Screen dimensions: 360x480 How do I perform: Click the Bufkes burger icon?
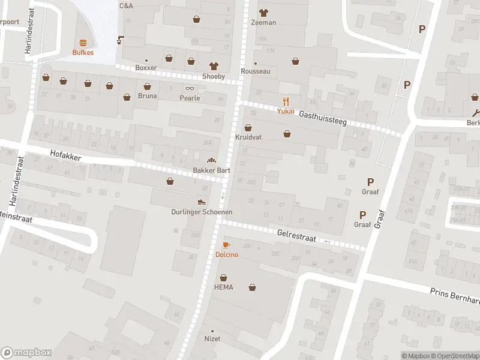coord(82,43)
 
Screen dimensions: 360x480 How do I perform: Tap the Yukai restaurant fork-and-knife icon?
coord(286,101)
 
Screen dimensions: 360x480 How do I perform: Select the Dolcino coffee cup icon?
coord(226,245)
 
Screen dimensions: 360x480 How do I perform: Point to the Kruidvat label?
coord(248,137)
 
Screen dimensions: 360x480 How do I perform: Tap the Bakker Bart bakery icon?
coord(211,160)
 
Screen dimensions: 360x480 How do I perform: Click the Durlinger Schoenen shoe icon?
coord(202,202)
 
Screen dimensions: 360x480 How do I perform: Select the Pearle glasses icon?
coord(189,88)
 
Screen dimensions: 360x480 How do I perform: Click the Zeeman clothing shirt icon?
coord(263,13)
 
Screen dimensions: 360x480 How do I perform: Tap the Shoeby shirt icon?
coord(213,66)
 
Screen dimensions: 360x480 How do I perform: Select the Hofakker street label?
coord(65,156)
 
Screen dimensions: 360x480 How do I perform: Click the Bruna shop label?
coord(147,96)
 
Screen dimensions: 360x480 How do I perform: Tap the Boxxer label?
coord(146,68)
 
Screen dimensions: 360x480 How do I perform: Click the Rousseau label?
coord(255,71)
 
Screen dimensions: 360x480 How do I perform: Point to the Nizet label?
coord(212,339)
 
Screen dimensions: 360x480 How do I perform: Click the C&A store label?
coord(126,5)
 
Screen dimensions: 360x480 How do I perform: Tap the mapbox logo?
coord(25,353)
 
